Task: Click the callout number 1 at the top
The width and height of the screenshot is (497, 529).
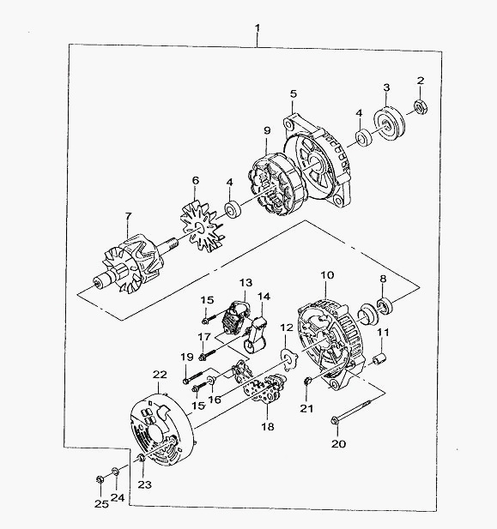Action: click(258, 27)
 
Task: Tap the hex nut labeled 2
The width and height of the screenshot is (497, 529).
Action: click(421, 108)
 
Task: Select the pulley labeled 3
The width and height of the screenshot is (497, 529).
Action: click(389, 123)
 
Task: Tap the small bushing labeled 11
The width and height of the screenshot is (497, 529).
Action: click(379, 359)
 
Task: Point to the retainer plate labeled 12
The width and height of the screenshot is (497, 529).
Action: click(289, 358)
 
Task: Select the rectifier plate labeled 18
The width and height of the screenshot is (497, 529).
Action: click(265, 388)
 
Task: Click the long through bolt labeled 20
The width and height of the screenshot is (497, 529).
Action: click(351, 411)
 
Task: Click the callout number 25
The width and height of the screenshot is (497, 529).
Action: click(101, 503)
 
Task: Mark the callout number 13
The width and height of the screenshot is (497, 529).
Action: click(246, 282)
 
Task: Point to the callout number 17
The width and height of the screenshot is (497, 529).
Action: click(204, 336)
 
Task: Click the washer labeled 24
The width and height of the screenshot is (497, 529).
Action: click(115, 471)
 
